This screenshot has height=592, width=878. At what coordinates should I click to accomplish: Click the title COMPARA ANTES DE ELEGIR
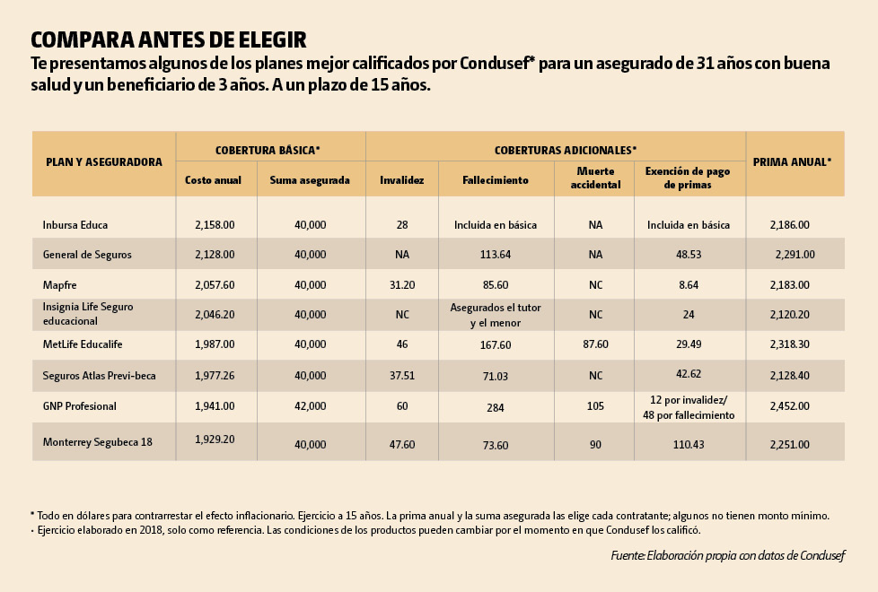point(169,40)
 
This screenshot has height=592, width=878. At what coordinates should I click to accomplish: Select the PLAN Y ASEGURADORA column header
point(104,162)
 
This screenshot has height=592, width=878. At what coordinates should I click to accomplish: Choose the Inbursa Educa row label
point(75,225)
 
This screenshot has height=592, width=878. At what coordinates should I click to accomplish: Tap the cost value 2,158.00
point(215,225)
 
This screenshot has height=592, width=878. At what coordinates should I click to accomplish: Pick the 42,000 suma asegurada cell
point(311,406)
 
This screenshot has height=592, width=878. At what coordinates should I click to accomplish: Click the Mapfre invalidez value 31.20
point(401,284)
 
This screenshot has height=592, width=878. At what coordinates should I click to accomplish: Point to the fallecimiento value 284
point(496,406)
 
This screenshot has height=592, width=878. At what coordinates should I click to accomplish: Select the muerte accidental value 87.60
point(595,344)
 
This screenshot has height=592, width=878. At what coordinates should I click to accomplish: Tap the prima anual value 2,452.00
point(789,406)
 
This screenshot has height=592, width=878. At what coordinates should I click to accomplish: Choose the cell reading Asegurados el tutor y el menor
point(496,315)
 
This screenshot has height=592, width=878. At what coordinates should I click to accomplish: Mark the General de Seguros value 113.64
point(496,255)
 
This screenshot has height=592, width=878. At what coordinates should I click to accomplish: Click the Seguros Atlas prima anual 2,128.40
point(789,376)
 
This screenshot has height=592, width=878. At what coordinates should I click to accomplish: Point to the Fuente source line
point(727,556)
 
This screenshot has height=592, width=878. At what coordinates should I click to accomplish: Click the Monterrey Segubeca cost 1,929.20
point(215,440)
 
